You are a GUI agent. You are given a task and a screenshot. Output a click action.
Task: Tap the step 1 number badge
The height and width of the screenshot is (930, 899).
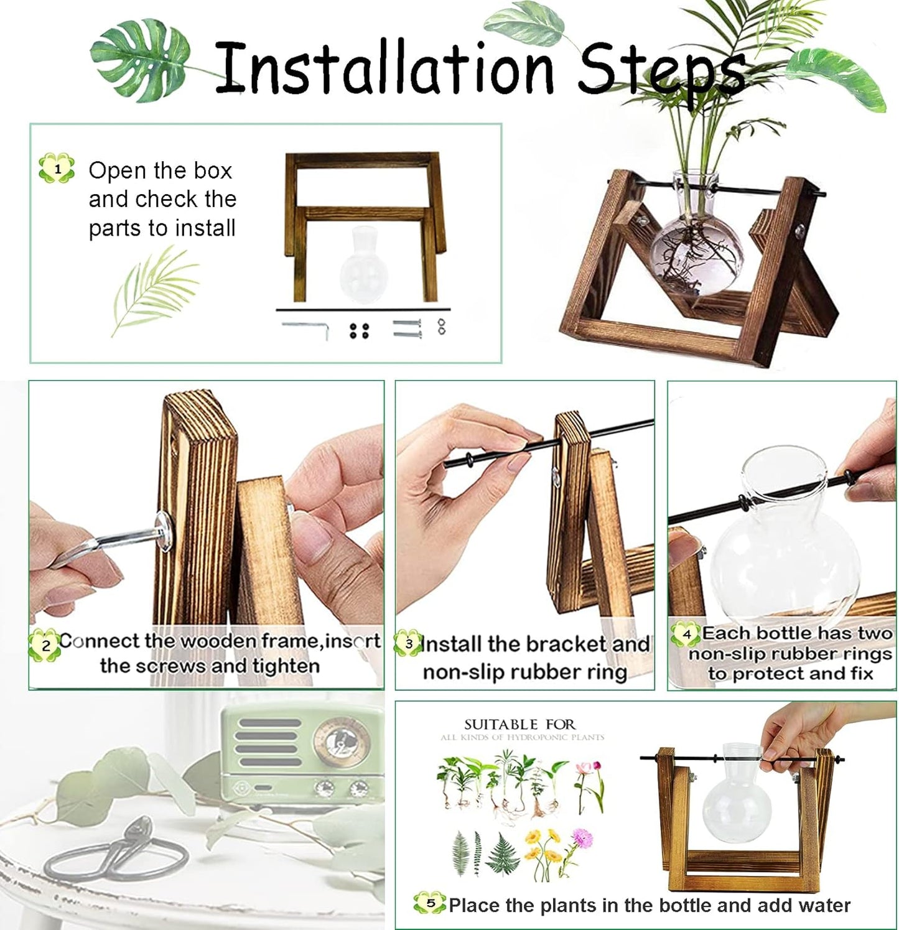[x=57, y=169]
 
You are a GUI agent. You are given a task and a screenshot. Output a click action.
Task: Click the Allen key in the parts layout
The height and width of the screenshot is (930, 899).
[x=306, y=328]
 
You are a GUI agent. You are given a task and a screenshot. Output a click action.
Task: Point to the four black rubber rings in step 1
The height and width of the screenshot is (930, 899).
[x=359, y=330]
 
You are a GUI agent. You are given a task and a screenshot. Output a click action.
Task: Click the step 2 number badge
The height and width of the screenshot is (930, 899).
[x=45, y=645]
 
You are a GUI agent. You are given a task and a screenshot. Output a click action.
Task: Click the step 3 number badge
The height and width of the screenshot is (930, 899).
[x=409, y=644]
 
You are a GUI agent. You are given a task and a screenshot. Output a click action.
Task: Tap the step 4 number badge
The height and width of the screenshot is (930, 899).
[x=686, y=635]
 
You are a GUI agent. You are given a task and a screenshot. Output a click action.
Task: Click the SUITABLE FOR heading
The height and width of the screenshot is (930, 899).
[x=519, y=725]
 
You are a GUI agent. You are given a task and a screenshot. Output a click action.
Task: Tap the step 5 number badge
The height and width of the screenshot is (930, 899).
[x=431, y=903]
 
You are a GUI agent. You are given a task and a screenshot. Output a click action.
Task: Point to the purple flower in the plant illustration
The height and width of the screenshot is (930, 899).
[x=582, y=837]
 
